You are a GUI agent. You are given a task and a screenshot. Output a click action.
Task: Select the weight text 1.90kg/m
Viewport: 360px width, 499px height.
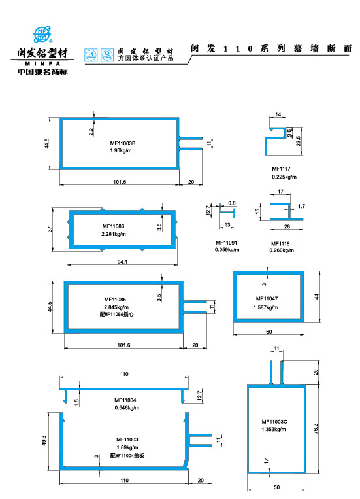(x=121, y=151)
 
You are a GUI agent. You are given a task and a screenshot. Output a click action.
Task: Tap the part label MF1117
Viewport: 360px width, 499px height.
(x=281, y=169)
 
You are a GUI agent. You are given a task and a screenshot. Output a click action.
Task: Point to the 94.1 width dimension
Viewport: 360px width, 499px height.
(x=122, y=262)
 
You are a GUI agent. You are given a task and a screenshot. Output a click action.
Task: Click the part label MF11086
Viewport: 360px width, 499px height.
(x=114, y=226)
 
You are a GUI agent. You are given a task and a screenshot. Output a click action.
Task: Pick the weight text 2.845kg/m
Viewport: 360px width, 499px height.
(x=116, y=307)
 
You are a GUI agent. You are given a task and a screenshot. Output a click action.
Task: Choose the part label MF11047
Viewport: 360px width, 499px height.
(x=267, y=298)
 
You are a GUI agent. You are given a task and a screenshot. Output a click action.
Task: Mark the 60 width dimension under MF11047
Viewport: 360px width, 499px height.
(x=268, y=332)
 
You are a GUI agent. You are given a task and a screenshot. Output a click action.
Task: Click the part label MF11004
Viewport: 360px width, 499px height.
(x=125, y=400)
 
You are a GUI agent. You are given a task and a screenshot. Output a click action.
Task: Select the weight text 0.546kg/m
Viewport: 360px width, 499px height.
(x=126, y=407)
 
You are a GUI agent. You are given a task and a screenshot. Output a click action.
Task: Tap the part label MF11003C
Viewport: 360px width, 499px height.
(x=274, y=421)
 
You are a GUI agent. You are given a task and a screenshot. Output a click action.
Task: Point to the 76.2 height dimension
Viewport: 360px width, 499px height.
(x=316, y=429)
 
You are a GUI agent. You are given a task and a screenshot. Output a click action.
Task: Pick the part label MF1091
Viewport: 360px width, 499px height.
(x=227, y=243)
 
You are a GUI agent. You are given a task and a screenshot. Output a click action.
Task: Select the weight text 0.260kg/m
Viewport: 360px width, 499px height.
(x=283, y=250)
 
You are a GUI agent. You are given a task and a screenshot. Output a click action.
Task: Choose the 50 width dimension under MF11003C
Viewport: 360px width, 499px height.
(x=276, y=488)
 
